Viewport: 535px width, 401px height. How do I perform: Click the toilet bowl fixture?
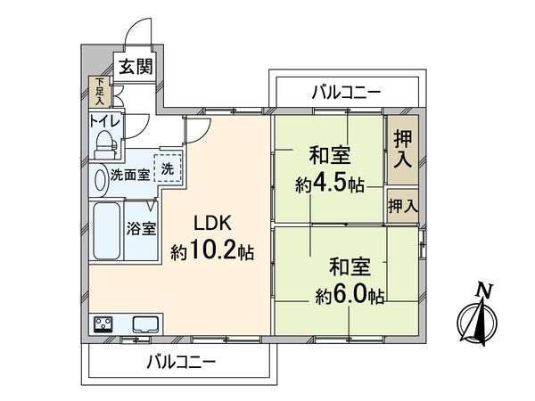(x=105, y=142)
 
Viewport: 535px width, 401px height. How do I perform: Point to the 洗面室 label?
(x=129, y=175)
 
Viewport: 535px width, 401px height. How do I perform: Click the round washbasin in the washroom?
(x=99, y=178)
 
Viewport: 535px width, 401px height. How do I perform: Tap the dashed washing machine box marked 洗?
(x=168, y=168)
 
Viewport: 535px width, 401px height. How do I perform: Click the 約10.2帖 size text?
(x=212, y=251)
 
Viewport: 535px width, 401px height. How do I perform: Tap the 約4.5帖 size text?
(x=330, y=185)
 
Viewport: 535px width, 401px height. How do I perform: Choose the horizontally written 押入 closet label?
(x=402, y=206)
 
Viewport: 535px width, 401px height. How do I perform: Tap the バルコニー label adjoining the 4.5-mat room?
(x=347, y=92)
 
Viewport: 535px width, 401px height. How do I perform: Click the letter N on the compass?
(x=483, y=291)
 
